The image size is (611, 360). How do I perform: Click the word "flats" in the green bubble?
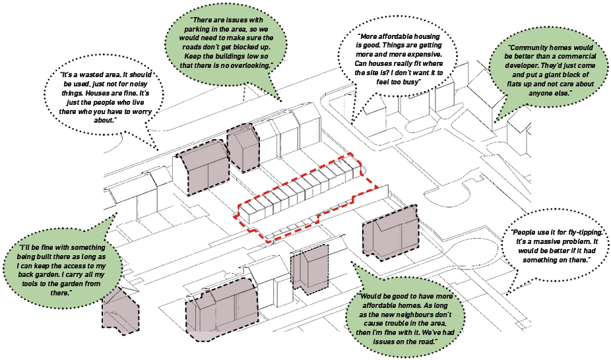pos(516,84)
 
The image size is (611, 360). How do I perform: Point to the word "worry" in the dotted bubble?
pos(139,111)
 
